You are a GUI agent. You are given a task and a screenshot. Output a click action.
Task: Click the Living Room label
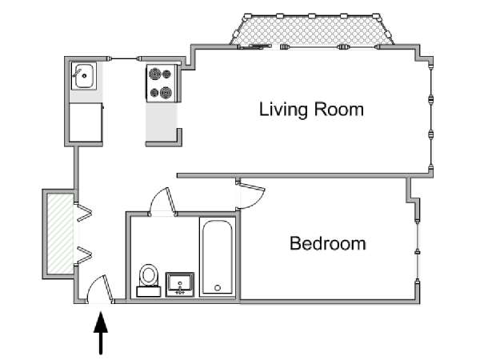pos(311,110)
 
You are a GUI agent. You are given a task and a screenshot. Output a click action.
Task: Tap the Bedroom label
pos(327,244)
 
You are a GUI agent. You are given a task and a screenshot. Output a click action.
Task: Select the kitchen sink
pos(84,76)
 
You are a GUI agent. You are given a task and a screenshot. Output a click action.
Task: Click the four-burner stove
pos(162,83)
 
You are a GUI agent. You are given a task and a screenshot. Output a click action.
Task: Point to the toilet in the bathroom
pos(149,280)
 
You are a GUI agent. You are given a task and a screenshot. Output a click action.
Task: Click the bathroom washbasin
pos(180,285)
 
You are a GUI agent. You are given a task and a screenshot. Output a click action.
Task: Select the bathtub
pos(218,257)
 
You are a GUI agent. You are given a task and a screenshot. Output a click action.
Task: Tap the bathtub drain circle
pos(218,288)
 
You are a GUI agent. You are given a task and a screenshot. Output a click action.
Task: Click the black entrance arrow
pos(101,333)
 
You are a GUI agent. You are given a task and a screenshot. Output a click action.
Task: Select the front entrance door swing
pos(98,288)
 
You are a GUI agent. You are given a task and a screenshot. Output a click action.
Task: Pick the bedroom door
pos(250,194)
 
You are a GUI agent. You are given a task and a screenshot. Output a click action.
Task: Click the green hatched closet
pos(60,234)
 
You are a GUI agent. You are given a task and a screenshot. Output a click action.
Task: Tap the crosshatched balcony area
pos(312,30)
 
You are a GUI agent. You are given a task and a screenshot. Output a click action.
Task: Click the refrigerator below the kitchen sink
pos(86,122)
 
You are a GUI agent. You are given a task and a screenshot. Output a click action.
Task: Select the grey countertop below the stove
pos(162,122)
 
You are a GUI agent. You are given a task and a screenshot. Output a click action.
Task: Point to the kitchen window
pos(124,58)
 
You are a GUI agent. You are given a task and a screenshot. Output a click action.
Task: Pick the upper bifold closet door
pos(83,211)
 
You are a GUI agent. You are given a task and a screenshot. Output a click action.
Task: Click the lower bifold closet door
pos(83,255)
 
